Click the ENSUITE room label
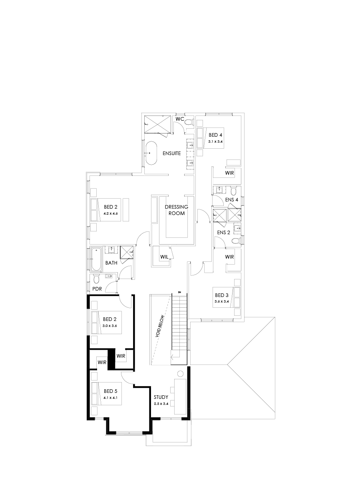pos(172,153)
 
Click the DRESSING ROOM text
pos(176,210)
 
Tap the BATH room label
pos(111,263)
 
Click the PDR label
pos(97,288)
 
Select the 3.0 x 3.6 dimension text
pos(109,326)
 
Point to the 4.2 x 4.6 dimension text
pos(110,214)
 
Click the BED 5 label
pos(110,391)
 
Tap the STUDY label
pos(161,397)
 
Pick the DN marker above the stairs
pos(179,293)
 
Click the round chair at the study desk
pos(180,374)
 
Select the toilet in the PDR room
pos(96,278)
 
